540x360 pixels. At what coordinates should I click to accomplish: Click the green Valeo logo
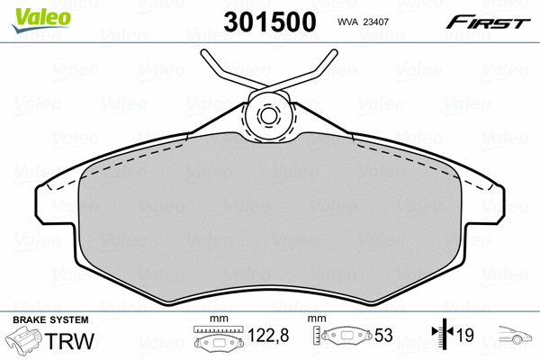pos(41,20)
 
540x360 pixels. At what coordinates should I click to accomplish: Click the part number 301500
pos(270,22)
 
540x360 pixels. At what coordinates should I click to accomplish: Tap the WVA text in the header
pos(347,22)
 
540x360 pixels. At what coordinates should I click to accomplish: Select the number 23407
pos(375,22)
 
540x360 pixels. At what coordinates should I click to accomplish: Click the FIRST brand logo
pos(488,22)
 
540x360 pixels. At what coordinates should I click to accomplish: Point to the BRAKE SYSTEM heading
pos(50,320)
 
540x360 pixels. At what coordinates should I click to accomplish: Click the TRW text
pos(69,341)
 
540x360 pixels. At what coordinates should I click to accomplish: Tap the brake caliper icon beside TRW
pos(23,339)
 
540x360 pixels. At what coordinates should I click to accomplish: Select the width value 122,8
pos(268,335)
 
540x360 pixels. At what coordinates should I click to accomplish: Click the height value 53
pos(383,335)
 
